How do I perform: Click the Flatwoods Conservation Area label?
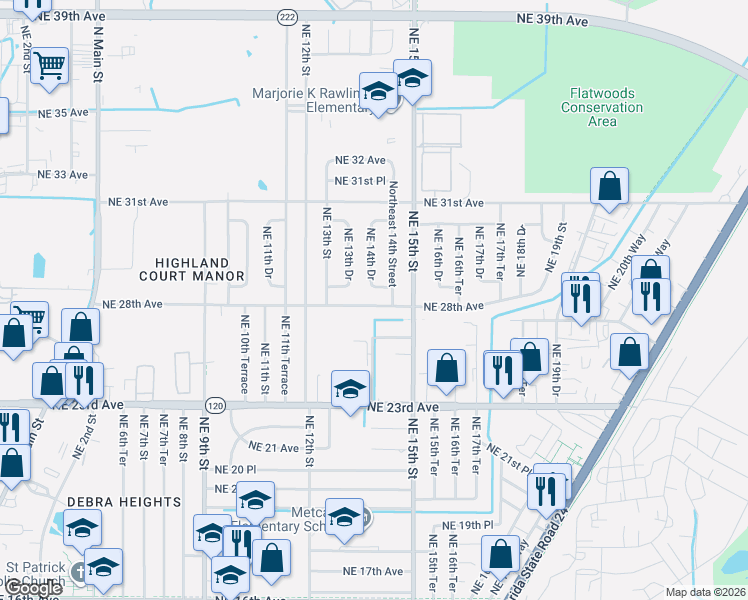pyautogui.click(x=601, y=107)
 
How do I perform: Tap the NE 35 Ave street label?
pyautogui.click(x=63, y=113)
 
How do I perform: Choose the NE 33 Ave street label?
pyautogui.click(x=63, y=174)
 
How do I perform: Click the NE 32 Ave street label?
pyautogui.click(x=360, y=160)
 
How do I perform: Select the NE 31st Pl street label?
pyautogui.click(x=360, y=181)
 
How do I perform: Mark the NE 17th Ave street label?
pyautogui.click(x=372, y=571)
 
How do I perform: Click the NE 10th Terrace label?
pyautogui.click(x=245, y=355)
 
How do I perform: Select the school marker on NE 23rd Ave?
pyautogui.click(x=350, y=388)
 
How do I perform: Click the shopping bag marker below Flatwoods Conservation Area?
pyautogui.click(x=609, y=186)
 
